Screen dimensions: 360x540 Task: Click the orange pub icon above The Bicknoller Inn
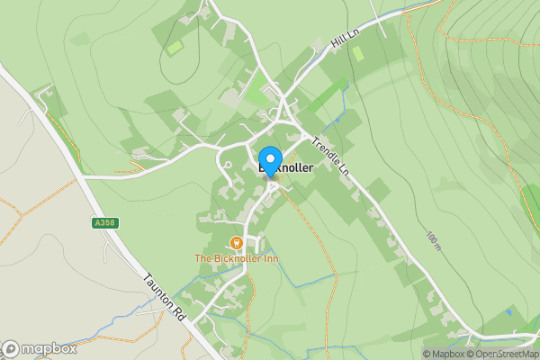pyautogui.click(x=237, y=242)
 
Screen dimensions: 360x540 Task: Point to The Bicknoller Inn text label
pyautogui.click(x=237, y=259)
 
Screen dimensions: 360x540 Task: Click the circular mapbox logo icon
pyautogui.click(x=11, y=348)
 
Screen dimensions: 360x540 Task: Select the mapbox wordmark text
pyautogui.click(x=49, y=348)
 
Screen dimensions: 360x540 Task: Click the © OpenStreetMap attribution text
pyautogui.click(x=505, y=354)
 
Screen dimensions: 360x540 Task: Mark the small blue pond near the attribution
pyautogui.click(x=509, y=311)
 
